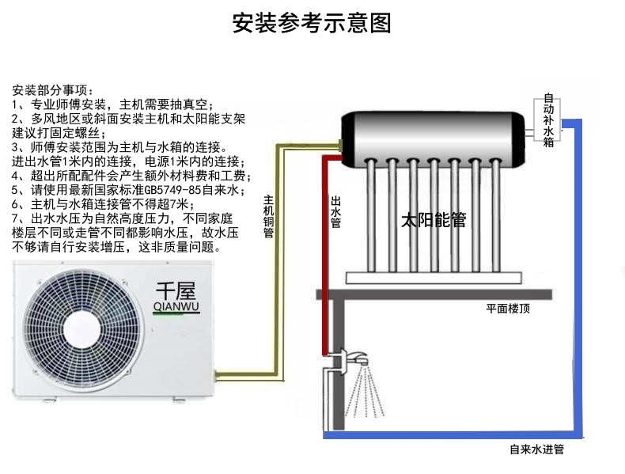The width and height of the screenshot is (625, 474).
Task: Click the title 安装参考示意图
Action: point(312,23)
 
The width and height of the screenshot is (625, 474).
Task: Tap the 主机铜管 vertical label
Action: point(268,217)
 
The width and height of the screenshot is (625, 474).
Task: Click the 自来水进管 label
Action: point(537,449)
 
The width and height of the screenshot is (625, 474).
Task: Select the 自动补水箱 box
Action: point(548,121)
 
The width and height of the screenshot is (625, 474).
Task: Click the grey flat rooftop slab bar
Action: point(443,294)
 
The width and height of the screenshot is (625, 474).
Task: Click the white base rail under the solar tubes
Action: point(434,276)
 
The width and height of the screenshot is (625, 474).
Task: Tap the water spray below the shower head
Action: point(365,393)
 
